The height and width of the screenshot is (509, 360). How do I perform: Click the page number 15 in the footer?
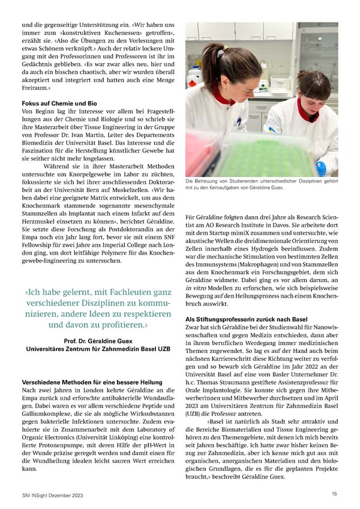334,493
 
